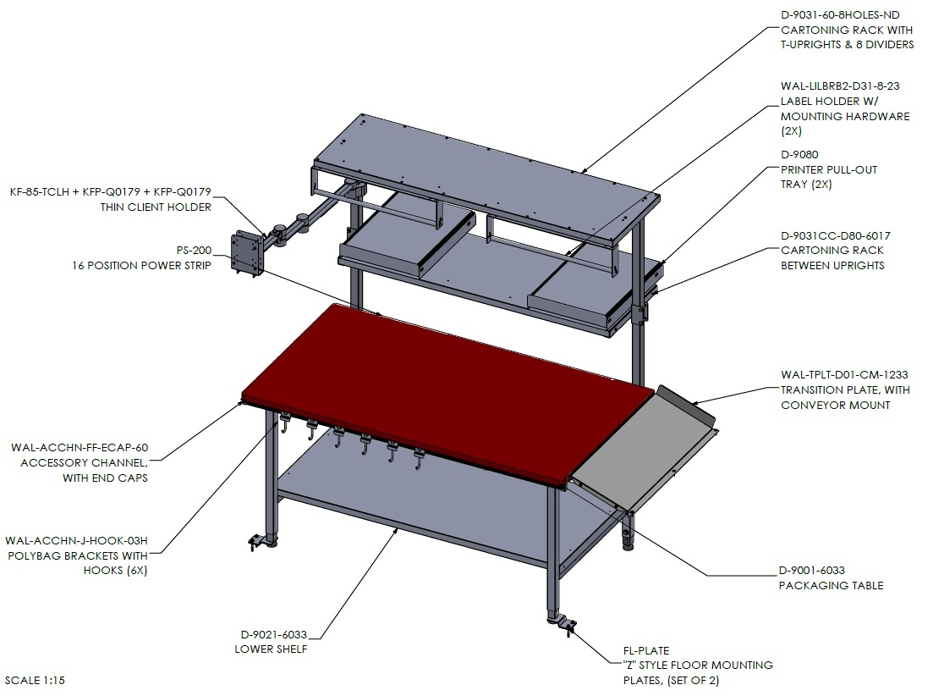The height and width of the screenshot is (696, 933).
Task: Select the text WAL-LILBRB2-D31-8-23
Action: [x=840, y=86]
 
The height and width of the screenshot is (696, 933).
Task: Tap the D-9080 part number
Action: [x=799, y=155]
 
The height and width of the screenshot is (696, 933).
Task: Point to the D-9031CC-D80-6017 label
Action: [x=836, y=235]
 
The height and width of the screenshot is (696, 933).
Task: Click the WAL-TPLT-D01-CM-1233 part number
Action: [x=844, y=375]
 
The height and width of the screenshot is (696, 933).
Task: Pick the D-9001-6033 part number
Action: [x=811, y=571]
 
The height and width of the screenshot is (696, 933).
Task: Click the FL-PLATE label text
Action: [x=646, y=651]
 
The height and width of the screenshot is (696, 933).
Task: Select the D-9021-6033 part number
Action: [x=274, y=635]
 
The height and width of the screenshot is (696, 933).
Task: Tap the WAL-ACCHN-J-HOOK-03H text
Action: [x=76, y=540]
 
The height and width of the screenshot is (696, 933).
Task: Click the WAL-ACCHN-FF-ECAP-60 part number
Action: [x=80, y=448]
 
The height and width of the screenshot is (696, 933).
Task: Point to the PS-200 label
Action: [x=194, y=251]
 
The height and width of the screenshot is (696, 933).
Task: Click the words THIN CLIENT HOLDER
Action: [x=156, y=207]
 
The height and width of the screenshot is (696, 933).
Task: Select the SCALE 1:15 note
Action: [x=35, y=680]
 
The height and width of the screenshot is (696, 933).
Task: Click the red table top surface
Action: [x=447, y=393]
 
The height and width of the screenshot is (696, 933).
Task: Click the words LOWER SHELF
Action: [x=271, y=649]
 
